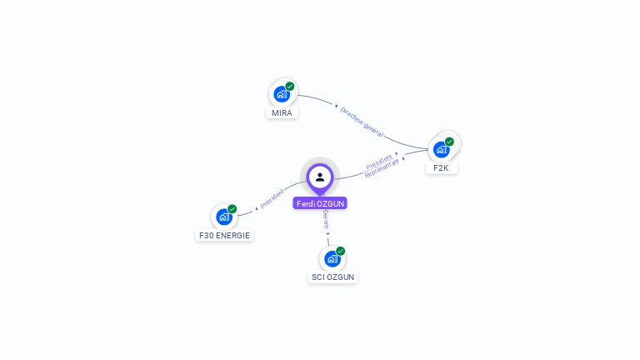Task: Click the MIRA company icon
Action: click(281, 94)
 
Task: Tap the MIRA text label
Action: click(282, 112)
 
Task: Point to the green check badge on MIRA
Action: click(290, 86)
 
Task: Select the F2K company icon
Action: click(441, 150)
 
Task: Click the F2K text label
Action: click(442, 167)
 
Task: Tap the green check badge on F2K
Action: click(450, 142)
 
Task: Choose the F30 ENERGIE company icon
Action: click(223, 217)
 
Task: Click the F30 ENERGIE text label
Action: click(224, 235)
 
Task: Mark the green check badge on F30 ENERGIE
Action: click(232, 208)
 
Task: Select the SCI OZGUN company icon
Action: click(332, 258)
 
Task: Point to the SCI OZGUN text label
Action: click(333, 277)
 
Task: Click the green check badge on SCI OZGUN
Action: click(341, 250)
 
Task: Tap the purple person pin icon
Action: click(320, 177)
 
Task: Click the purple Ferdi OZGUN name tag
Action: click(320, 203)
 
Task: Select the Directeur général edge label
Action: click(362, 121)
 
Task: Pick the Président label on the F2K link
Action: click(380, 162)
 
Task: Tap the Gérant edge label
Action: click(326, 220)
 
